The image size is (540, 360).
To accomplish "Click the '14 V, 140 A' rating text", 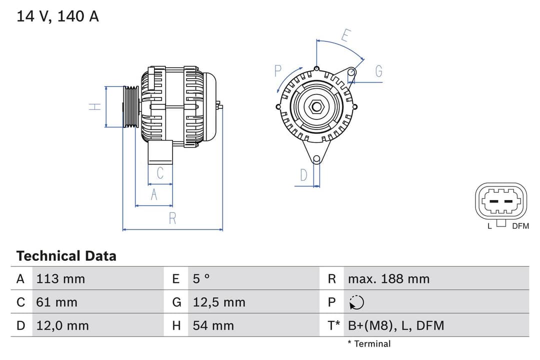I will click(57, 16).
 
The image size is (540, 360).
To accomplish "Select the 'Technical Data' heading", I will click(66, 256).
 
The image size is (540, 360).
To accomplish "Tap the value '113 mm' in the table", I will click(60, 278).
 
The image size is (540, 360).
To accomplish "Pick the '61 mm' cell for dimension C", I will click(56, 302).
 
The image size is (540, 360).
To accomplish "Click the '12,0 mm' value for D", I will click(62, 325).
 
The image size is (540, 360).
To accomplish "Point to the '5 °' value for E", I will click(201, 278).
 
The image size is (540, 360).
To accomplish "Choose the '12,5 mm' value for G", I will click(219, 302).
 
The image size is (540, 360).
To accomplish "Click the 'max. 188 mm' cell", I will click(388, 278).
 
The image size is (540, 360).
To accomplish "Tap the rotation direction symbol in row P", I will click(356, 302).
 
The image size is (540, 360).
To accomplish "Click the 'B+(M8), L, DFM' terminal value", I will click(395, 325).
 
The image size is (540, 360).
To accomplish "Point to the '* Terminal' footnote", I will click(369, 343).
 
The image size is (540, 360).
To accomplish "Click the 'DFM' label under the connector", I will click(520, 226).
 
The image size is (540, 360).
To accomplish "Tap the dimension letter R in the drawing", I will click(172, 218).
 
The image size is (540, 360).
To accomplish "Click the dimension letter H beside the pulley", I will click(95, 106).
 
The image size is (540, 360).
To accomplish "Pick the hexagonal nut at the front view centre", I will click(316, 106).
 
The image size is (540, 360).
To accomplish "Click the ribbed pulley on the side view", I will click(131, 107).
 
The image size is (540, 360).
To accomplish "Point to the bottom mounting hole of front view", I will click(316, 159).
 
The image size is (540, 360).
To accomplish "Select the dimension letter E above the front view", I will click(346, 36).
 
